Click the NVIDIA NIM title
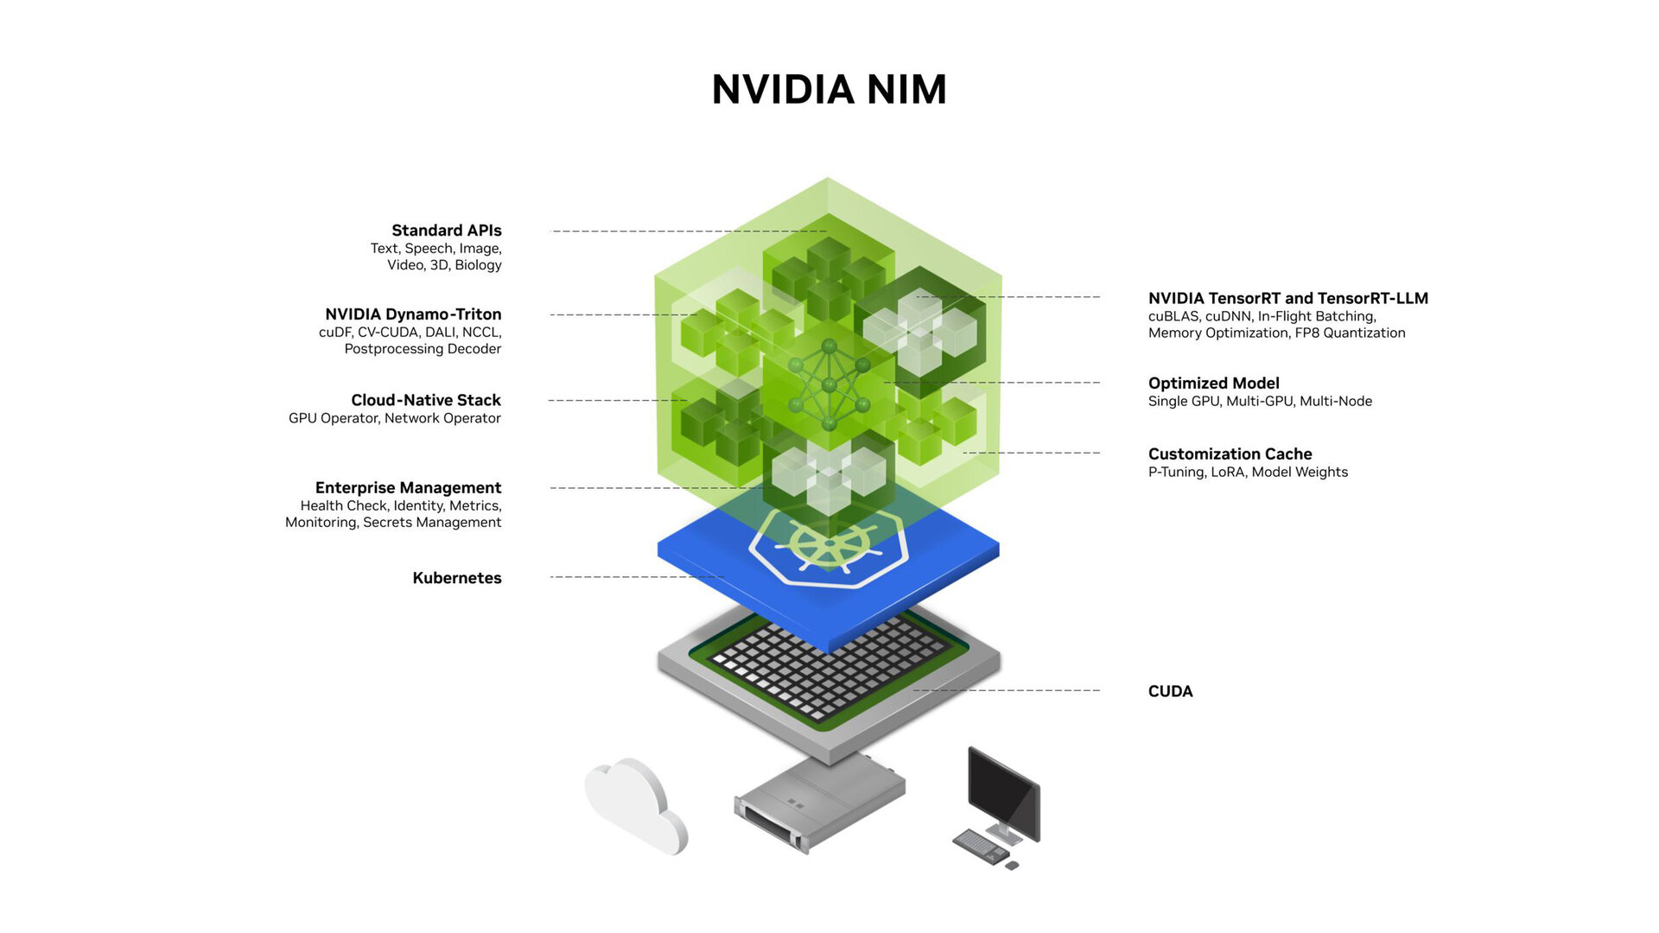[829, 90]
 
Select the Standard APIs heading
[446, 231]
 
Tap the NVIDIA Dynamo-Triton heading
[413, 314]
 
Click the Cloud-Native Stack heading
[425, 400]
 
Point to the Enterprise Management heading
[408, 488]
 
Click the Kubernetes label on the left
[456, 578]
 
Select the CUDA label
[1170, 691]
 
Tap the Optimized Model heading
[1213, 384]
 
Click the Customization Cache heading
[1230, 454]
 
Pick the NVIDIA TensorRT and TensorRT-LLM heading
[1287, 299]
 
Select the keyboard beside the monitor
[980, 845]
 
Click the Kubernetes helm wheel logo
[827, 547]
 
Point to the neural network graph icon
[829, 384]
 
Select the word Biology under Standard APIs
[478, 265]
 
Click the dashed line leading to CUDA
[1007, 690]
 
